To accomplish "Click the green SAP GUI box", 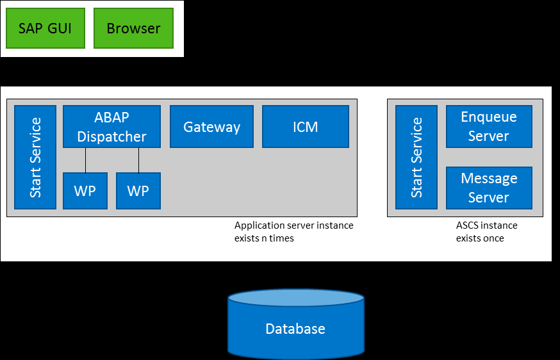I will pos(45,28).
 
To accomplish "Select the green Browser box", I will pos(133,28).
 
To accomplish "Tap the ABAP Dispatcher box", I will pos(111,127).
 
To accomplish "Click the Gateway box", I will pos(211,127).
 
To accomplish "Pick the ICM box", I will pos(306,127).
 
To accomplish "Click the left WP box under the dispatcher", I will pos(85,191).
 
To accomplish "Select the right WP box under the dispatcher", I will pos(138,191).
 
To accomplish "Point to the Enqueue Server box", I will pos(489,127).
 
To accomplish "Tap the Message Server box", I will pos(489,188).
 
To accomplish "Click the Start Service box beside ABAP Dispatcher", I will pos(35,157).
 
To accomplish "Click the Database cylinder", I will pos(296,333).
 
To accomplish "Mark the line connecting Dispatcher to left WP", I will pos(85,160).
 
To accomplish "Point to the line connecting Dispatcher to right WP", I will pos(138,160).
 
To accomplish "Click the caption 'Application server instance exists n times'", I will pos(293,232).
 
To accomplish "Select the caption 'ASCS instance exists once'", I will pos(486,232).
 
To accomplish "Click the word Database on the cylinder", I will pos(295,329).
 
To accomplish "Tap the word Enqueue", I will pos(489,117).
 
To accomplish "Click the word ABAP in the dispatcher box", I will pos(111,118).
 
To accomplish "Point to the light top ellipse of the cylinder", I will pos(296,297).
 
